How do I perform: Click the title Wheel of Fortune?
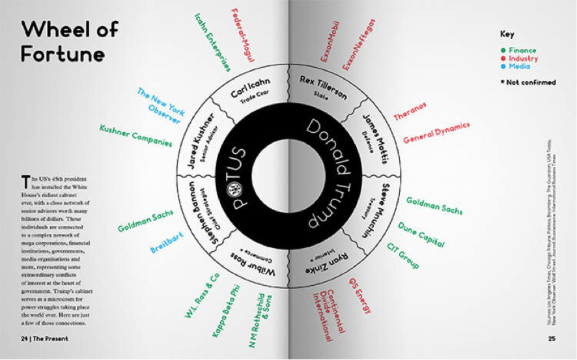point(63,42)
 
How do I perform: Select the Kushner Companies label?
point(135,135)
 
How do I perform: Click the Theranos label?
point(414,109)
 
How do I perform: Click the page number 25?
point(551,338)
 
